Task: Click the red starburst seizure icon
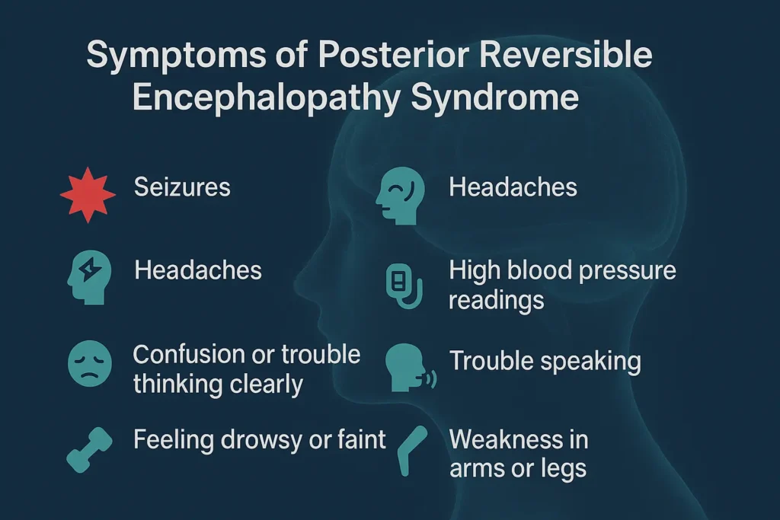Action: coord(88,193)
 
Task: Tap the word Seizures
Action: coord(182,187)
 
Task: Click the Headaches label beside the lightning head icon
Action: coord(198,270)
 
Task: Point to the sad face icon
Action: coord(88,364)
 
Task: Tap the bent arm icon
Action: coord(414,448)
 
